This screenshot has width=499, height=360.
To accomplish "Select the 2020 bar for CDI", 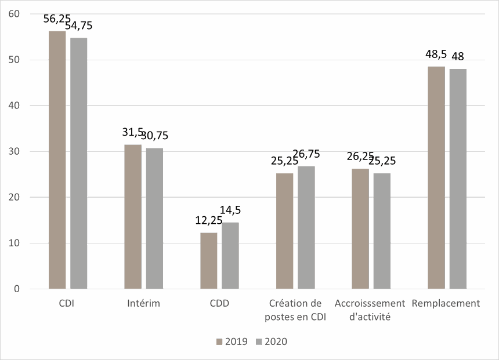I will [79, 163].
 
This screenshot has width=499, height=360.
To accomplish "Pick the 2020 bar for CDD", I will [230, 255].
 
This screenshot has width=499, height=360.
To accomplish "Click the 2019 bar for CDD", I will [208, 260].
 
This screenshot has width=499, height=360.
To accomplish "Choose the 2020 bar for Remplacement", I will [458, 179].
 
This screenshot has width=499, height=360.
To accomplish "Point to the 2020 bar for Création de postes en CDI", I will [306, 227].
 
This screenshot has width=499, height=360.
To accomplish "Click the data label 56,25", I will [57, 19].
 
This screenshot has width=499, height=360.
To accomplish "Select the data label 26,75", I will [306, 154].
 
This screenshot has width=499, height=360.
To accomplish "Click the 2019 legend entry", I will [232, 341].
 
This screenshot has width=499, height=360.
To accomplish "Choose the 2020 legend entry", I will [272, 341].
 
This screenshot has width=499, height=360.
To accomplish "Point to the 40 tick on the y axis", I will [15, 106].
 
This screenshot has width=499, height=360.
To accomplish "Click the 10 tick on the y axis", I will [15, 243].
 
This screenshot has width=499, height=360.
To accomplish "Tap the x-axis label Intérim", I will [143, 303].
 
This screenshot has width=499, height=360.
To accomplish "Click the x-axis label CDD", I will [219, 303].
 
